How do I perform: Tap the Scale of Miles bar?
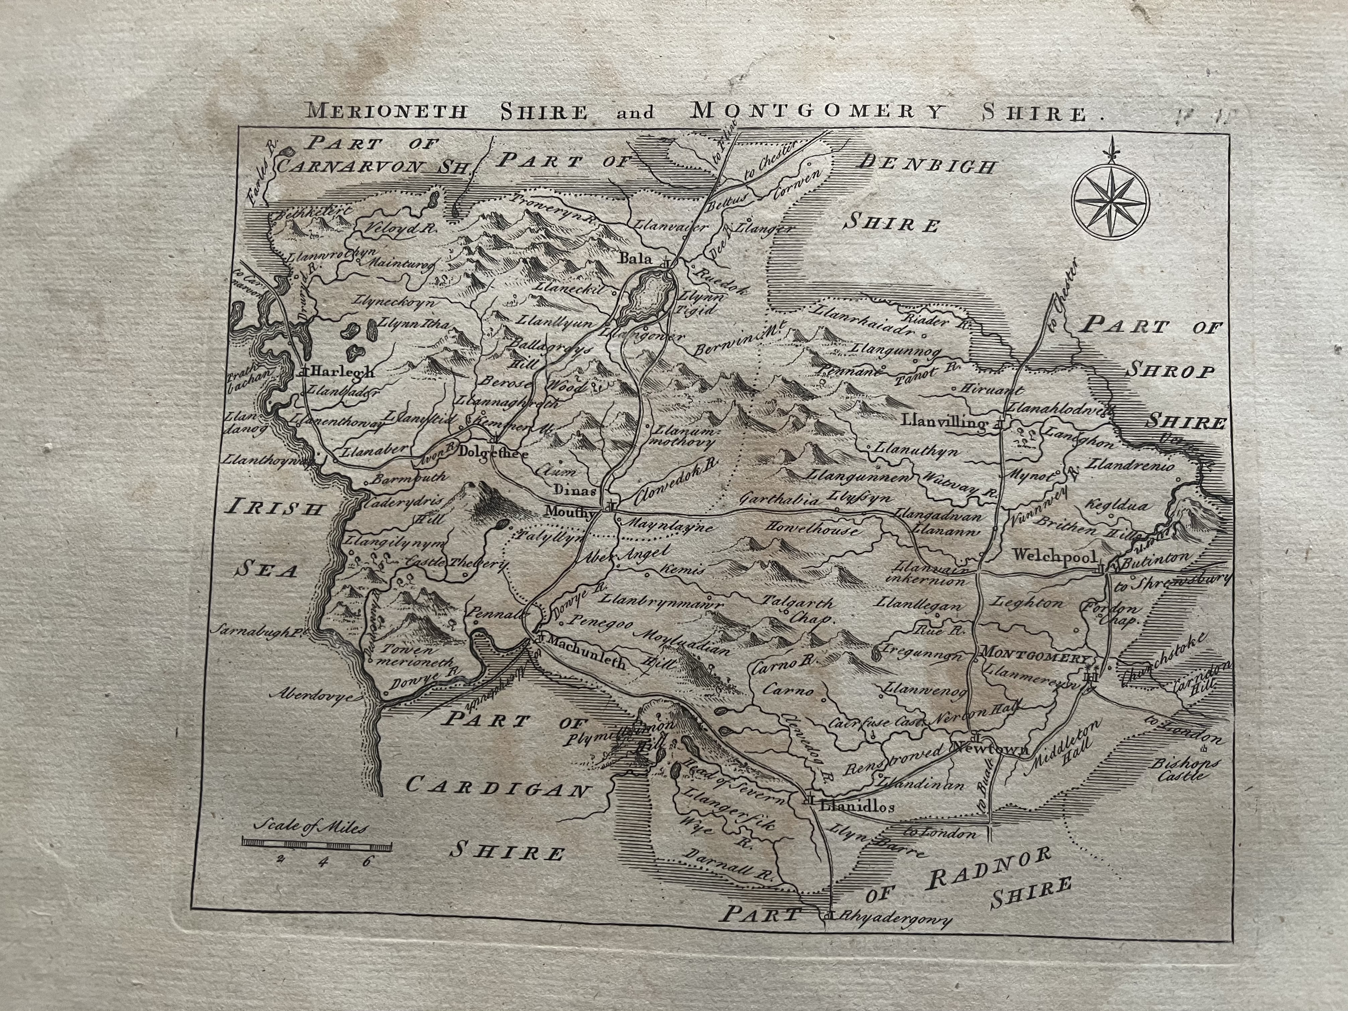[316, 845]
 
